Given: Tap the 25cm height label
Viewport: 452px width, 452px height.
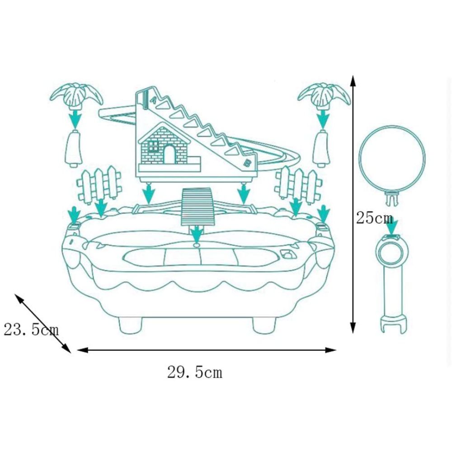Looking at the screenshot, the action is click(374, 218).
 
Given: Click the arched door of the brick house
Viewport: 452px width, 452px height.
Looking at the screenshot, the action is click(169, 154).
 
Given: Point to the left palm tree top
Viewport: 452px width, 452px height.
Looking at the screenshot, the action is click(76, 95).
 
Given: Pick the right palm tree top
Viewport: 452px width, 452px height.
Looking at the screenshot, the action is click(324, 95).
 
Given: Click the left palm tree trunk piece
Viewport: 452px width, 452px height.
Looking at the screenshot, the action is click(74, 148).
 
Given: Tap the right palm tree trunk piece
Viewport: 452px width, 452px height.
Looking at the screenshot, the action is click(322, 148).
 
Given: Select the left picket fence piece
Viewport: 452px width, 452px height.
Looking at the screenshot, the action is click(99, 184).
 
